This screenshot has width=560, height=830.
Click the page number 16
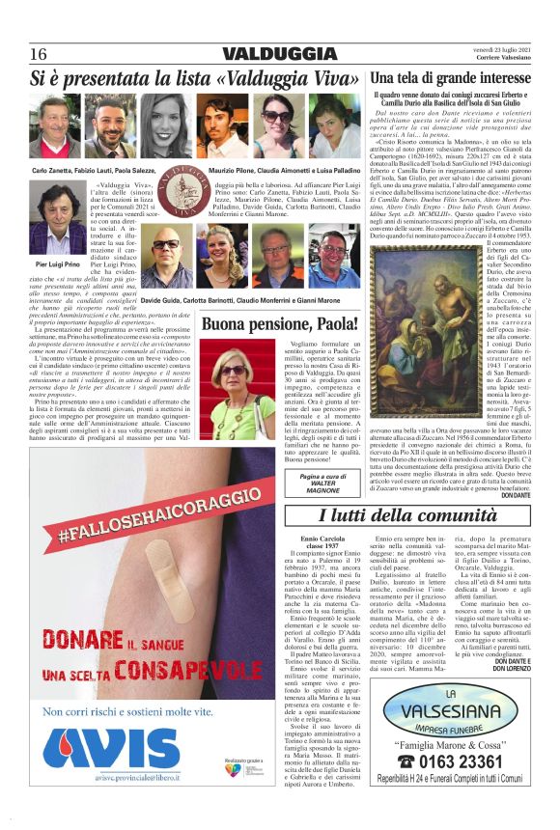pos(38,52)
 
